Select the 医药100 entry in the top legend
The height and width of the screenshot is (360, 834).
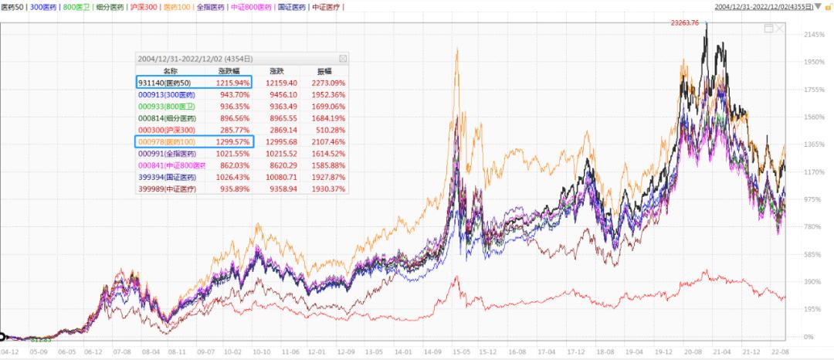(x=179, y=7)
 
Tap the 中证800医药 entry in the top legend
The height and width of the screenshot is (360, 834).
(x=252, y=7)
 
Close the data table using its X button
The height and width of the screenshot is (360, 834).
(x=343, y=58)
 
